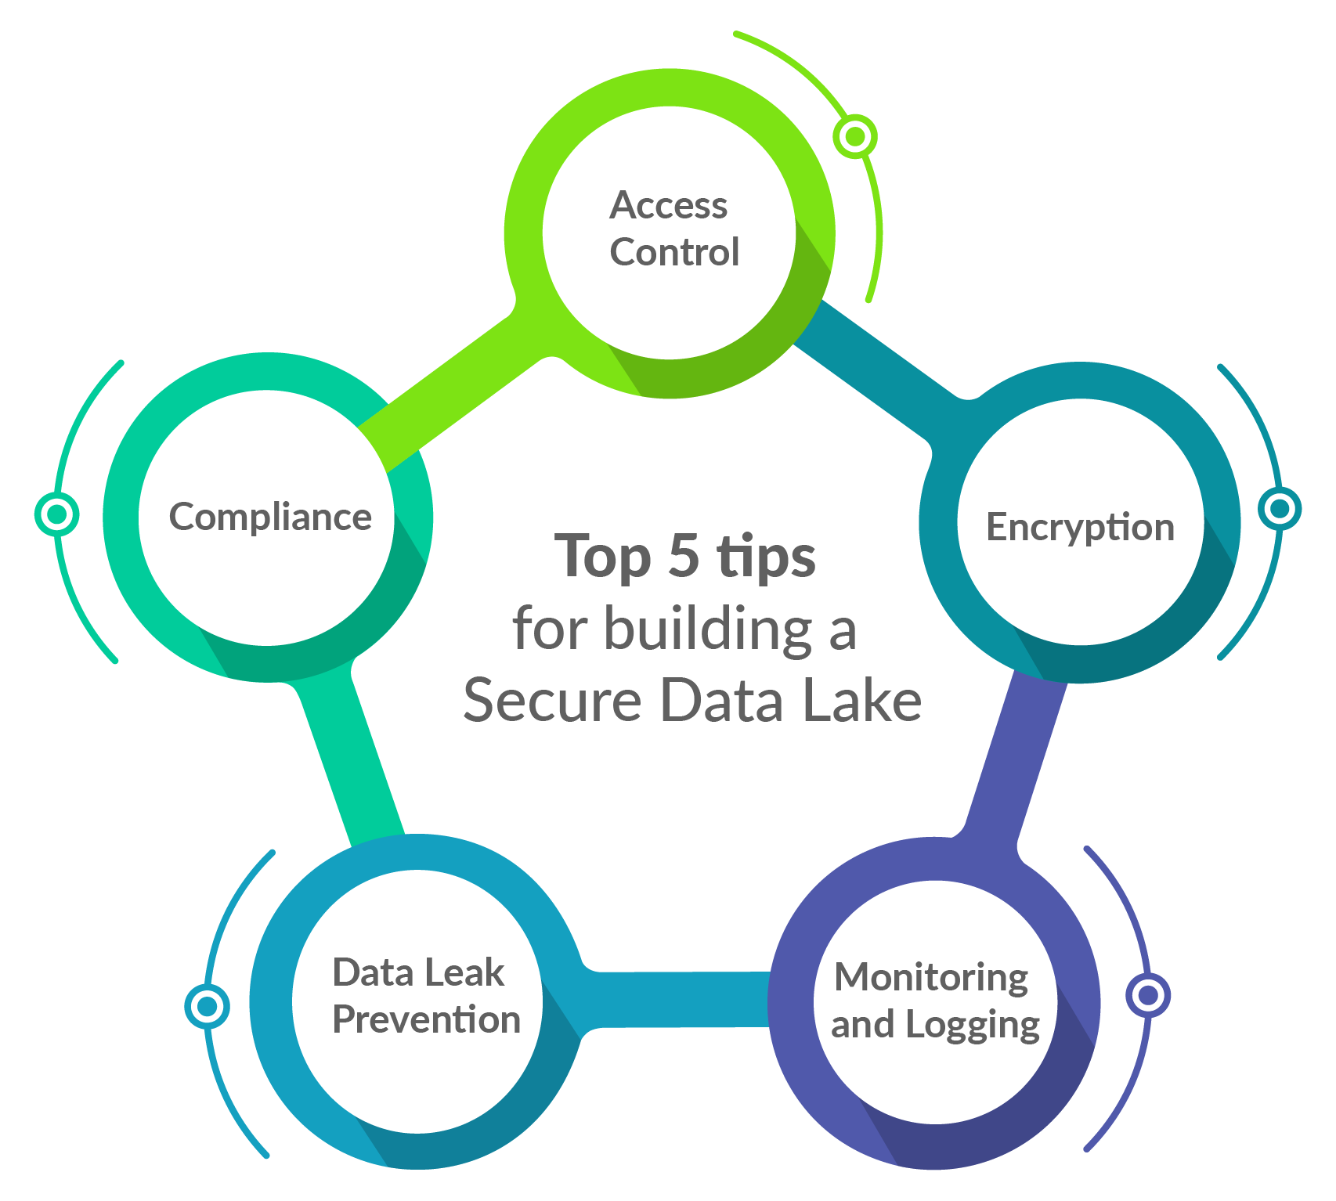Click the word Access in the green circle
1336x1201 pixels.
[668, 206]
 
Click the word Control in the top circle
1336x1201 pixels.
[674, 253]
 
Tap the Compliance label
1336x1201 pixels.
[270, 518]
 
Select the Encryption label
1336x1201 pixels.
[1080, 527]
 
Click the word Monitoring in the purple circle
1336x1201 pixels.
[931, 977]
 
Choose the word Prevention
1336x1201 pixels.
[426, 1020]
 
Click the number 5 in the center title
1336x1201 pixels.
[684, 555]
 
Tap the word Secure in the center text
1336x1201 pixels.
[552, 700]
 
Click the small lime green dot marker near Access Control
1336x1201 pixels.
[854, 137]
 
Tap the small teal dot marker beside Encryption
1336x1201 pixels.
[1280, 509]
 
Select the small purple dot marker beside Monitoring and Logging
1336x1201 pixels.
[1147, 995]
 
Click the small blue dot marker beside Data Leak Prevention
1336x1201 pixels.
[208, 1006]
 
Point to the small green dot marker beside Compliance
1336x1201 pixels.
[56, 514]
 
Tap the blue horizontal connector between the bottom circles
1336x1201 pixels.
[673, 999]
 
